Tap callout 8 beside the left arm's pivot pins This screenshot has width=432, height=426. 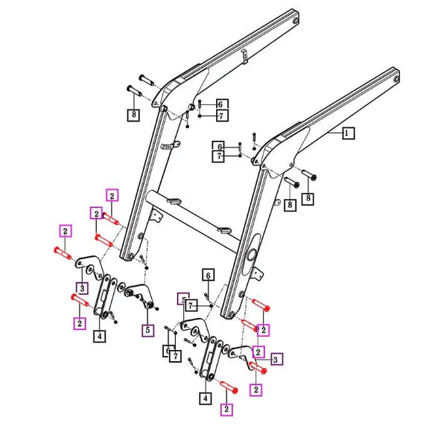pyautogui.click(x=132, y=115)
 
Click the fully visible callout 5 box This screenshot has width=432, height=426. pyautogui.click(x=147, y=331)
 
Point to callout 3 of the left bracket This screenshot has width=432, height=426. pyautogui.click(x=81, y=288)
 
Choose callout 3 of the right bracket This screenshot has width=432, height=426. pyautogui.click(x=276, y=360)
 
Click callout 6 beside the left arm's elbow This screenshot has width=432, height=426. pyautogui.click(x=223, y=104)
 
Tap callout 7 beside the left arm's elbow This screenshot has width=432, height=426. pyautogui.click(x=223, y=115)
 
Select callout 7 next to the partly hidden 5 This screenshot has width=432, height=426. pyautogui.click(x=191, y=305)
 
